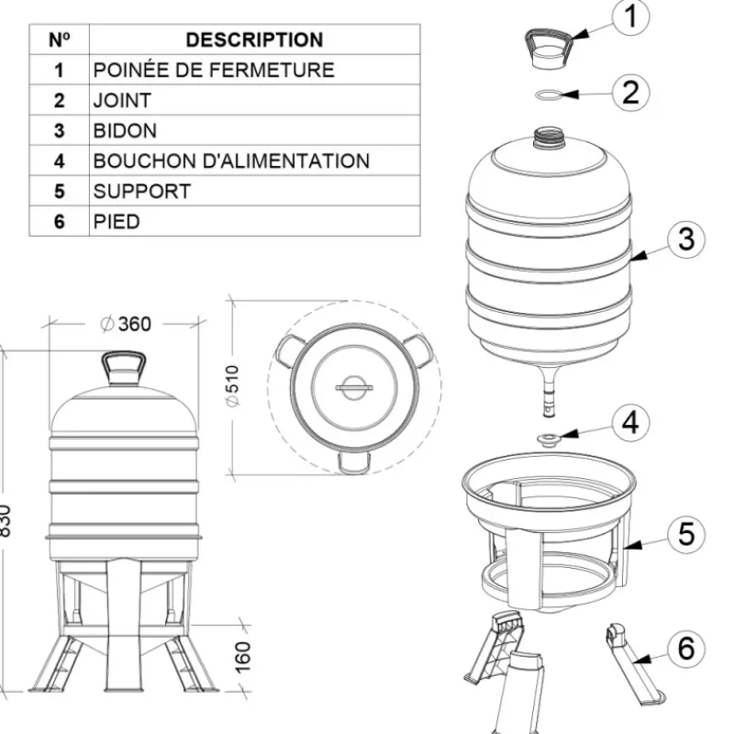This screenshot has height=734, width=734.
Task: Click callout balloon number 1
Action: click(630, 17)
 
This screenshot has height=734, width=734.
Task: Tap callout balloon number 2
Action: click(630, 92)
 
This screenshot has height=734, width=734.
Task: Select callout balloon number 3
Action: click(685, 239)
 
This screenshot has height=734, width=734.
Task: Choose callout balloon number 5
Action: click(685, 534)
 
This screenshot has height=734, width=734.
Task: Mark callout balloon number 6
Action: click(685, 649)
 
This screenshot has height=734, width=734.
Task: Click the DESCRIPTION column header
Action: click(254, 40)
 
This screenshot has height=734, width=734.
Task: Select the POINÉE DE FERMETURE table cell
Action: click(213, 70)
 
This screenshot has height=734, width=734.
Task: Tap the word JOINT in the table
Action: click(122, 100)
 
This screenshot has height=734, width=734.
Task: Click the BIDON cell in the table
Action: click(125, 130)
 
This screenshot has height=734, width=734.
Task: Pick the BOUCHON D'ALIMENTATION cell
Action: click(231, 161)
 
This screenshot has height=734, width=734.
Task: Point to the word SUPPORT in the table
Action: click(141, 192)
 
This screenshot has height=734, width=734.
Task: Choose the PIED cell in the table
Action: click(117, 222)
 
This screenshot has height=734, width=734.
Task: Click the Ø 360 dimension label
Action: click(124, 324)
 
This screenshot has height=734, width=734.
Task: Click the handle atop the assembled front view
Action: click(123, 368)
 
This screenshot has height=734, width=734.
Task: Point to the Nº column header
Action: click(59, 40)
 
